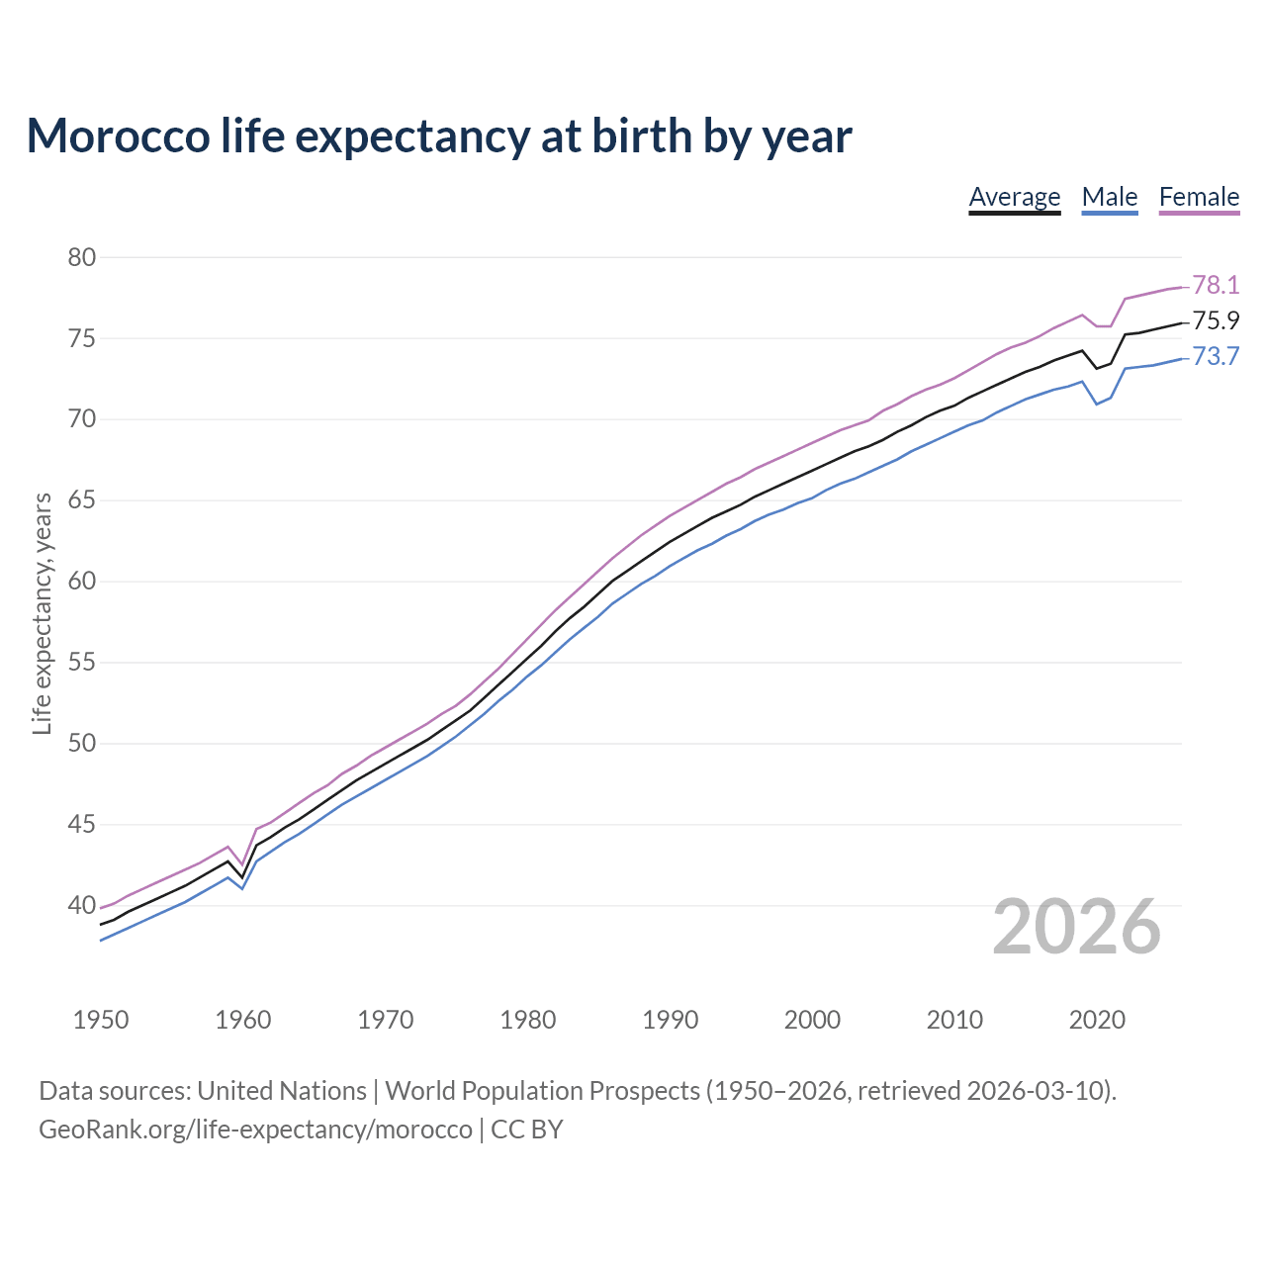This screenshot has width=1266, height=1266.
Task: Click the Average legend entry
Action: point(1014,197)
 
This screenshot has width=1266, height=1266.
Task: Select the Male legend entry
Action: point(1110,197)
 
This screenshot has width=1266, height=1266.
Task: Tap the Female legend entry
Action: point(1199,197)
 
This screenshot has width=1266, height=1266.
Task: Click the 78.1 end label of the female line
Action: point(1216,285)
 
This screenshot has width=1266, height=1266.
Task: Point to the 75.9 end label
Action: point(1216,320)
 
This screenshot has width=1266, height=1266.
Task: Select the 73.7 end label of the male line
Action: point(1216,356)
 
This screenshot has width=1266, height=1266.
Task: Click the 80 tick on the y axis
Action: point(82,258)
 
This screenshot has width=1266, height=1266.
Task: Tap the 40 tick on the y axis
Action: point(82,905)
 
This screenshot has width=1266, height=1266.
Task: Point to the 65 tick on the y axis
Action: point(82,500)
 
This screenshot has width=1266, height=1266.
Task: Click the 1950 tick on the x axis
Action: point(101,1020)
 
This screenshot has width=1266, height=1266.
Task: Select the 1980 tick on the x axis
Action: point(527,1020)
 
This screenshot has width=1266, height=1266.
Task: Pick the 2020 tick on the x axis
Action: point(1097,1020)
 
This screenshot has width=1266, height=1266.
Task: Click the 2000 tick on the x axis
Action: point(812,1020)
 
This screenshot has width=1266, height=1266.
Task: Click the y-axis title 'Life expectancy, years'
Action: point(42,613)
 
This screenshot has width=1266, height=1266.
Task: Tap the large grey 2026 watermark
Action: point(1076,927)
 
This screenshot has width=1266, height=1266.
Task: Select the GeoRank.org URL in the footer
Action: point(255,1129)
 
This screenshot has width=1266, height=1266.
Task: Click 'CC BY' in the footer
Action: point(527,1129)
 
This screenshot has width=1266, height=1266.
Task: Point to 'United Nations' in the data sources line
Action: point(282,1090)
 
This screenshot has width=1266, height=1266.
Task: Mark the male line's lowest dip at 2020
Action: point(1097,404)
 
